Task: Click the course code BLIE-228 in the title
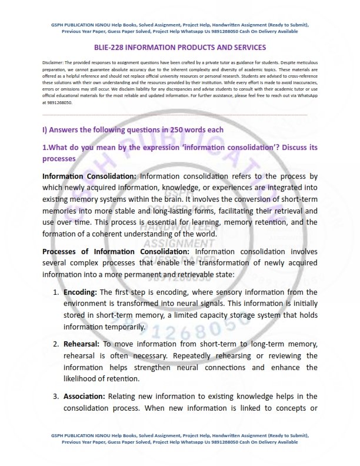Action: (x=110, y=47)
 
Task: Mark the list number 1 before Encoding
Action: (x=55, y=292)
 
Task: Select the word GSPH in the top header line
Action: (x=53, y=25)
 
